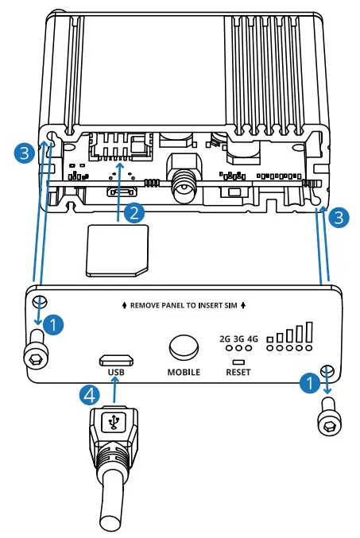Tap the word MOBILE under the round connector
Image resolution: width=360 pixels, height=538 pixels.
[x=184, y=371]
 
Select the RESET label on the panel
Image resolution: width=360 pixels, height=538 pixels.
[x=238, y=371]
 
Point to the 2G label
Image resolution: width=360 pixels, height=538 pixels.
[x=225, y=339]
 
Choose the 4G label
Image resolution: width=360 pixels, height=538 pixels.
[x=253, y=339]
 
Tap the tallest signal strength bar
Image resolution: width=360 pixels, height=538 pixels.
[x=309, y=331]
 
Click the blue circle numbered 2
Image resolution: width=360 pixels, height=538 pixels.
[x=135, y=211]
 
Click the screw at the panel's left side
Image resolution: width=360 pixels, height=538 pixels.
[x=36, y=350]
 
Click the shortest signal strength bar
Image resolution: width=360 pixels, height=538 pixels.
[x=270, y=339]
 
